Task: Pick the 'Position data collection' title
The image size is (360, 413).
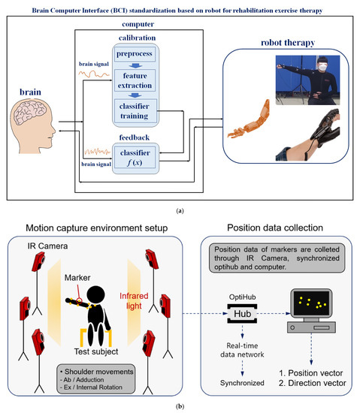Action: point(280,229)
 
